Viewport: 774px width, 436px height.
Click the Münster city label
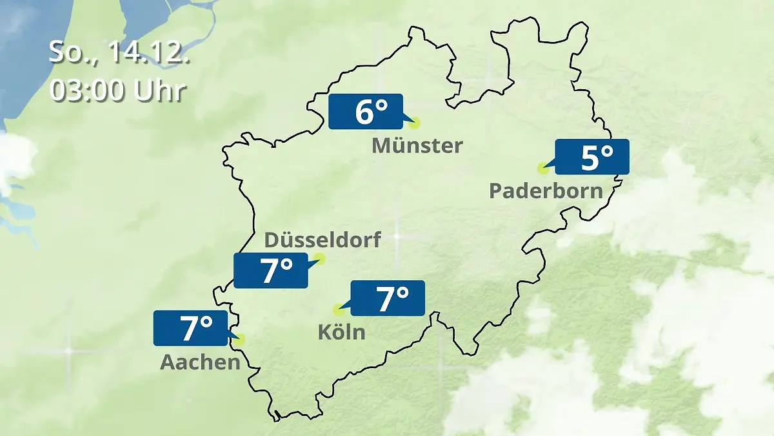(x=417, y=146)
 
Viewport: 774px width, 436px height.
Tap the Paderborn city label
(x=546, y=191)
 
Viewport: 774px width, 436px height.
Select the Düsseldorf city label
(x=322, y=240)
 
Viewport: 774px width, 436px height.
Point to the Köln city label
(x=341, y=333)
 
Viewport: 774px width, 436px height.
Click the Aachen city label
(x=200, y=362)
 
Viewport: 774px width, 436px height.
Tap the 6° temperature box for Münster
(x=365, y=112)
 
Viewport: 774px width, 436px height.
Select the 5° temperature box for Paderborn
(x=592, y=157)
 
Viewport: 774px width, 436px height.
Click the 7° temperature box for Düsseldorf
(x=271, y=271)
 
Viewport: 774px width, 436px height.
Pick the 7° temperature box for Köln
(x=388, y=298)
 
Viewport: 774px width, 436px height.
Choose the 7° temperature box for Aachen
(x=191, y=328)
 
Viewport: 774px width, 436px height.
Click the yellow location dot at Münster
(x=415, y=123)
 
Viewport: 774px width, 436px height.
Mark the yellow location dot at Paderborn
(x=543, y=169)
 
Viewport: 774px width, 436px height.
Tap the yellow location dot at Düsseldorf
(x=319, y=260)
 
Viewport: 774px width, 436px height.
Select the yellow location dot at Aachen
(x=241, y=339)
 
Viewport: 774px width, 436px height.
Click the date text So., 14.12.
(x=119, y=52)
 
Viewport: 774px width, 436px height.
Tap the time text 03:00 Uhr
(x=118, y=90)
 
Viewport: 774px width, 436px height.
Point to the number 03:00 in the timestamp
(x=88, y=90)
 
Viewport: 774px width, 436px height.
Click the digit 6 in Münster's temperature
(x=362, y=112)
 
